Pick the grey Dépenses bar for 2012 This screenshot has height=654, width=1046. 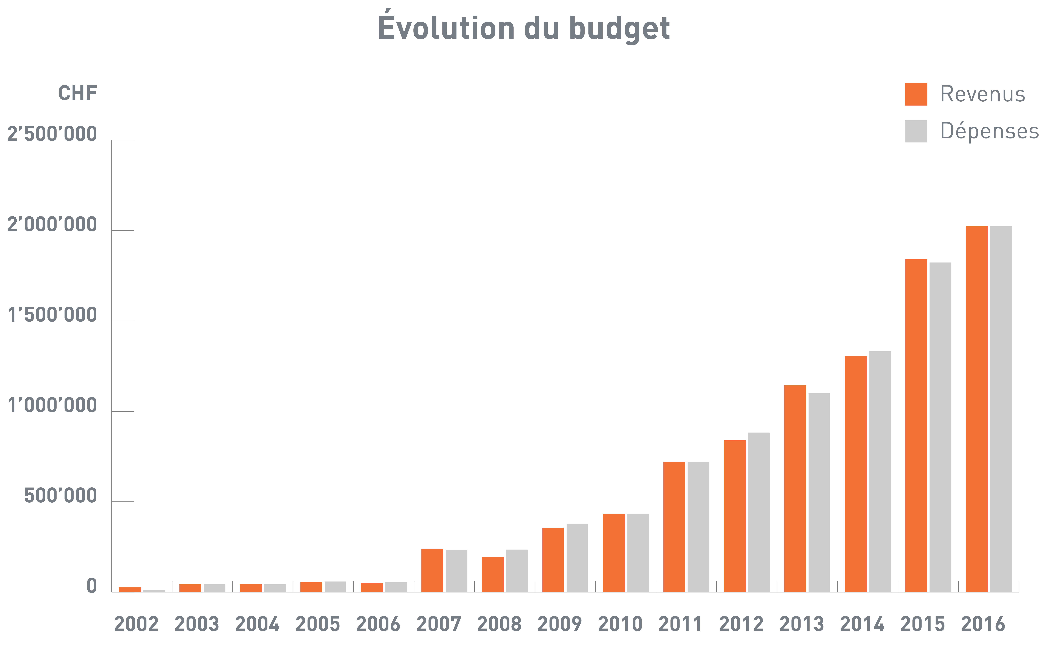pyautogui.click(x=759, y=512)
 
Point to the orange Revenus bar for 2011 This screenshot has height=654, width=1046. pyautogui.click(x=674, y=527)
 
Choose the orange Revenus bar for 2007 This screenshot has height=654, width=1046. pyautogui.click(x=432, y=571)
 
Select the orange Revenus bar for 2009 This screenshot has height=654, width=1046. pyautogui.click(x=553, y=560)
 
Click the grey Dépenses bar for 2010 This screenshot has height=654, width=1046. pyautogui.click(x=638, y=553)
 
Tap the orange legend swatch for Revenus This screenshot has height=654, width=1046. pyautogui.click(x=916, y=94)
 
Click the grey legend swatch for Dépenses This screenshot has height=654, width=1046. pyautogui.click(x=916, y=131)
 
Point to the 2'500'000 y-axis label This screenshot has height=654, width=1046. pyautogui.click(x=52, y=134)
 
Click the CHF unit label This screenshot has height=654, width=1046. pyautogui.click(x=78, y=93)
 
